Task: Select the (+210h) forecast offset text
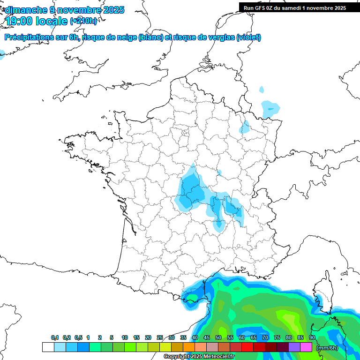pyautogui.click(x=83, y=21)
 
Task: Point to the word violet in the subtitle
pyautogui.click(x=249, y=37)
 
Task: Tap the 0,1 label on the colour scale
pyautogui.click(x=54, y=337)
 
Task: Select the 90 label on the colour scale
pyautogui.click(x=312, y=337)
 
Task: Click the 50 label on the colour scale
pyautogui.click(x=218, y=337)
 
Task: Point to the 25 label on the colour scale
pyautogui.click(x=160, y=337)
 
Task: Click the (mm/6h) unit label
pyautogui.click(x=327, y=347)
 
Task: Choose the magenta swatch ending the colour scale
pyautogui.click(x=307, y=347)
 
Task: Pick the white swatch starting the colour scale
pyautogui.click(x=48, y=347)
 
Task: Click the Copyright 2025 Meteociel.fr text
pyautogui.click(x=199, y=357)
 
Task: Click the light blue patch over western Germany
pyautogui.click(x=270, y=109)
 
